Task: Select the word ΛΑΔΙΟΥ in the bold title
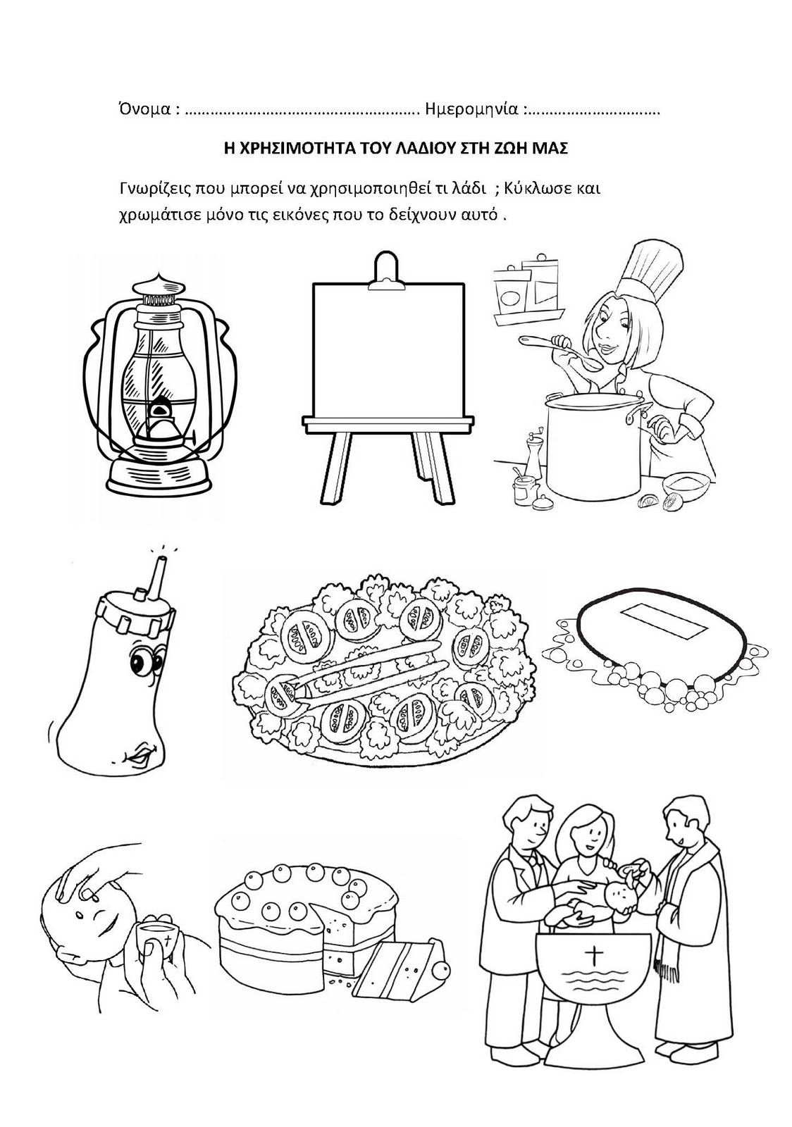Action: (x=415, y=149)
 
